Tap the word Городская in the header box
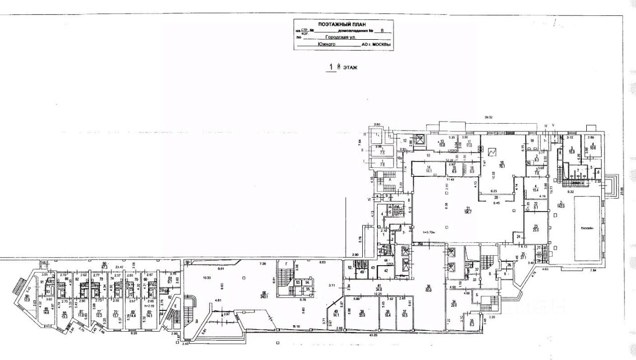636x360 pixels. coord(337,37)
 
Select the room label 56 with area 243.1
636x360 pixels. coord(265,295)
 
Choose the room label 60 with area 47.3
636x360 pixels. coord(104,265)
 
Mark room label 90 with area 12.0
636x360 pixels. coord(27,298)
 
